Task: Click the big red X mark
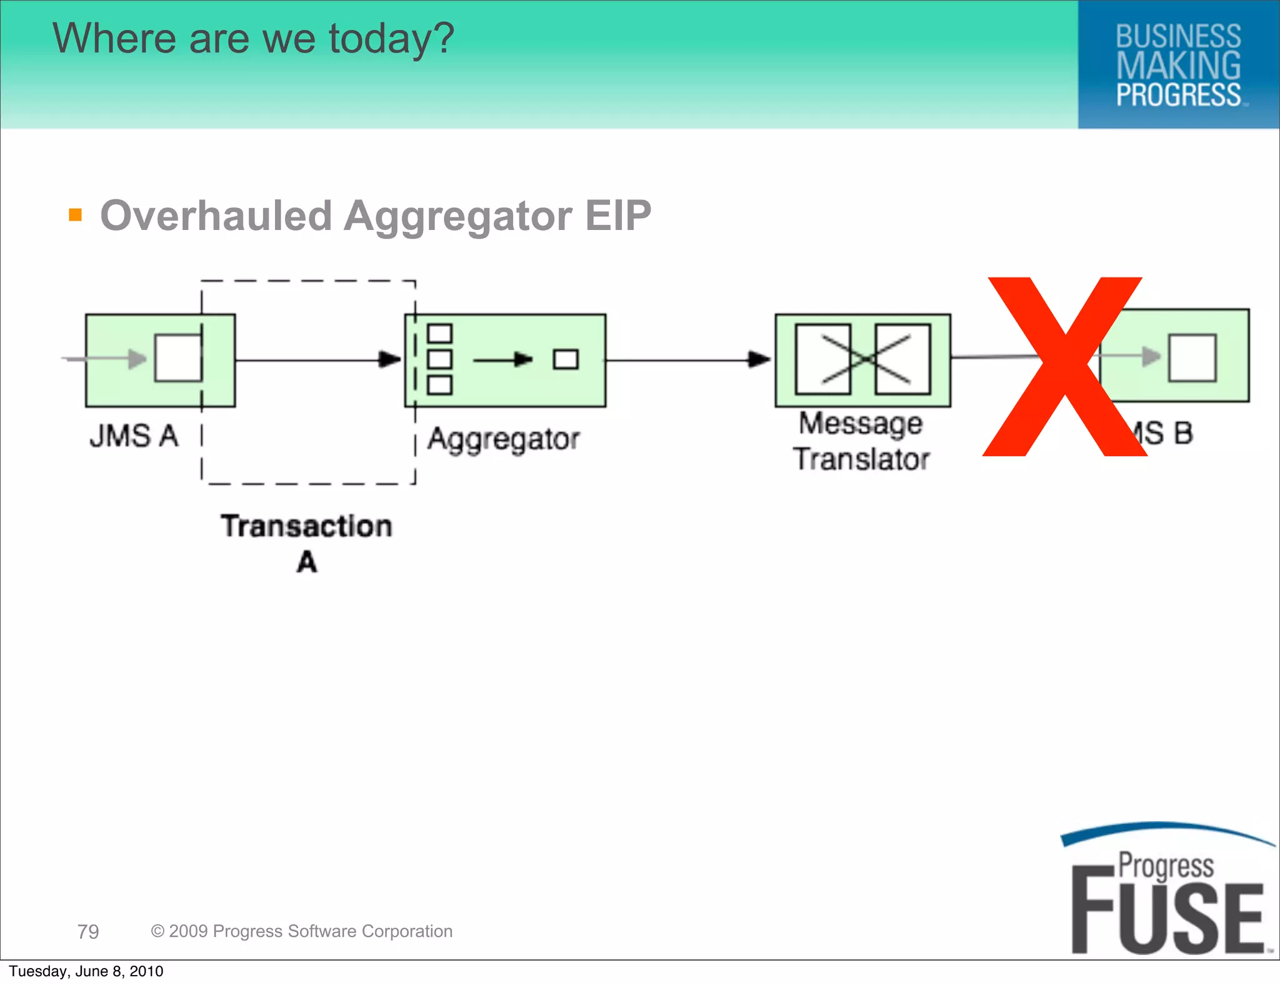[1064, 367]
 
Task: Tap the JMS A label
[134, 436]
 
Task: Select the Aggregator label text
[503, 439]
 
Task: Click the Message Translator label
[861, 441]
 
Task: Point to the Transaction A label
[306, 542]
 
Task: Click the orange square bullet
[76, 215]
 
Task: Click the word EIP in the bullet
[617, 216]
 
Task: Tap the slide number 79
[88, 931]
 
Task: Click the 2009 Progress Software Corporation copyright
[302, 931]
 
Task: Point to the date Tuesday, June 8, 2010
[86, 971]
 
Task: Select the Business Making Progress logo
[1178, 65]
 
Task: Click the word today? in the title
[391, 39]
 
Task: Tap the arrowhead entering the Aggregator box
[391, 359]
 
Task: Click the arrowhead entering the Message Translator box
[760, 359]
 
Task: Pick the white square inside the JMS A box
[178, 358]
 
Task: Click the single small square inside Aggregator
[566, 359]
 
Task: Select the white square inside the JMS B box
[1192, 357]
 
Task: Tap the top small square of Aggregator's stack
[439, 334]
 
